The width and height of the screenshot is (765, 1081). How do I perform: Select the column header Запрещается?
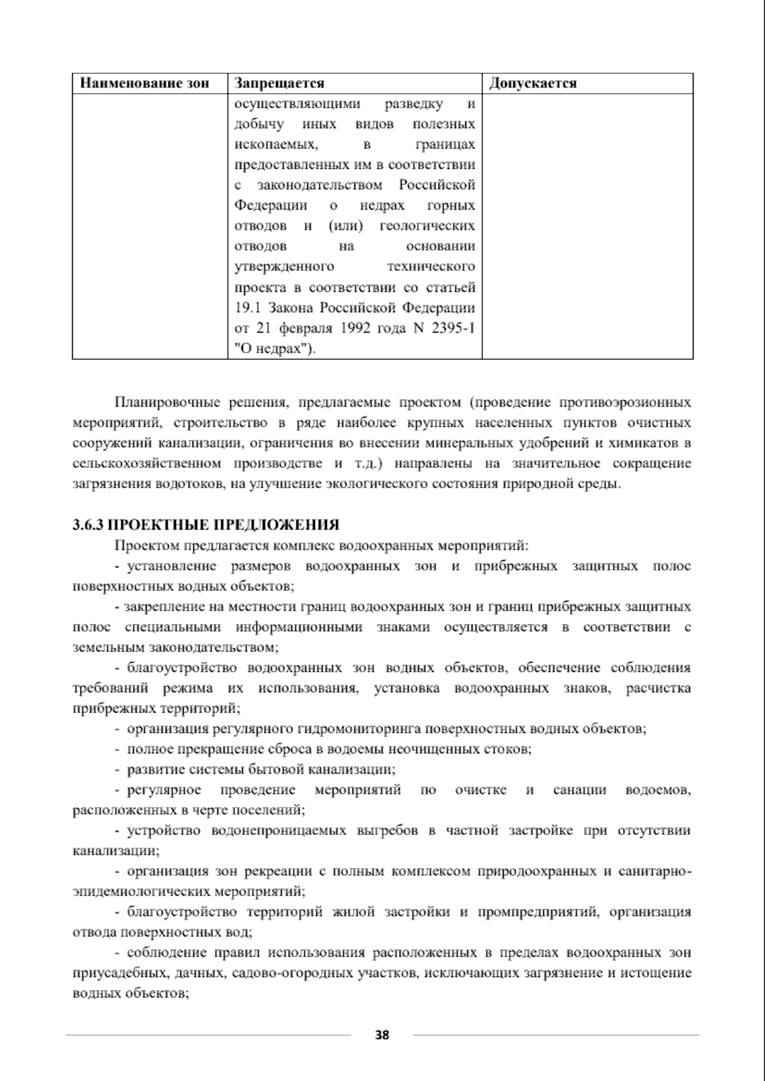(279, 83)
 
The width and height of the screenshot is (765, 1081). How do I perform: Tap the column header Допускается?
(532, 83)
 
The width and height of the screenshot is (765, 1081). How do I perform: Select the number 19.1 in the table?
(247, 308)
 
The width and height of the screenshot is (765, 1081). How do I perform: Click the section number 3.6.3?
(87, 525)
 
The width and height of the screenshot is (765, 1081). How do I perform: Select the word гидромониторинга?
(361, 729)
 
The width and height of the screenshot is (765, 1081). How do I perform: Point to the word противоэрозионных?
(625, 403)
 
